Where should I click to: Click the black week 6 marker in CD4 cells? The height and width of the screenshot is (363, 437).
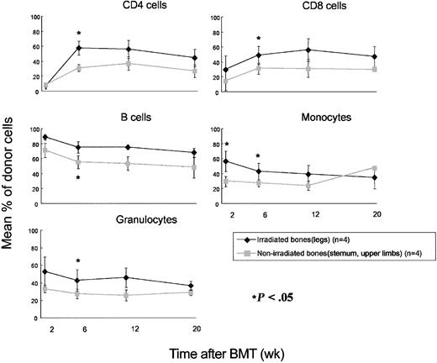coord(78,48)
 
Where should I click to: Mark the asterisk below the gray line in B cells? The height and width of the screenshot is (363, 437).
coord(78,178)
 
